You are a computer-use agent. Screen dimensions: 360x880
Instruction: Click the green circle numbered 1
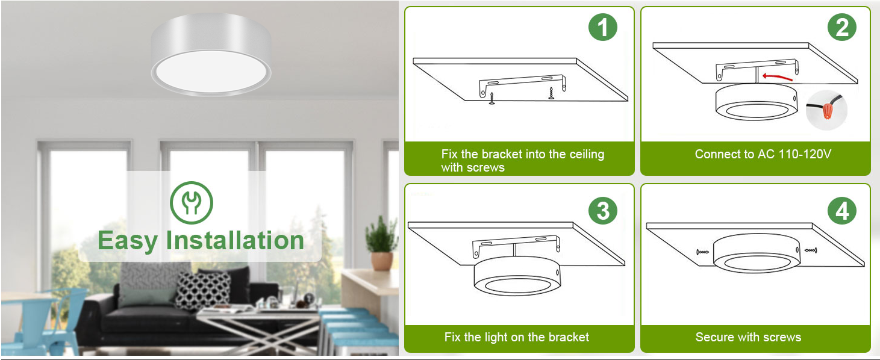pyautogui.click(x=603, y=28)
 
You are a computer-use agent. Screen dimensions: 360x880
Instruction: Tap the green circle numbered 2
pyautogui.click(x=841, y=28)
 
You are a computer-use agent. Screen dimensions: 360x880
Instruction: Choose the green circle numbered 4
pyautogui.click(x=841, y=211)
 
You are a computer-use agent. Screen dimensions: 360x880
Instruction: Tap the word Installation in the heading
pyautogui.click(x=236, y=240)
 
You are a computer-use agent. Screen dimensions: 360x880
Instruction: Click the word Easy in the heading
pyautogui.click(x=128, y=241)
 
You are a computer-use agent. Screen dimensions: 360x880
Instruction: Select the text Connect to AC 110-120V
pyautogui.click(x=763, y=154)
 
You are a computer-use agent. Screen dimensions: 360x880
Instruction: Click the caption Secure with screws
pyautogui.click(x=748, y=337)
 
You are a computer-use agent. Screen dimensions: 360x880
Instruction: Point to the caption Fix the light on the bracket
pyautogui.click(x=517, y=337)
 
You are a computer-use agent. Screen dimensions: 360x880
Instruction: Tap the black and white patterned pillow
pyautogui.click(x=203, y=290)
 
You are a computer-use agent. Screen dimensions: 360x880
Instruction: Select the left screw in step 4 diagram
pyautogui.click(x=701, y=252)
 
